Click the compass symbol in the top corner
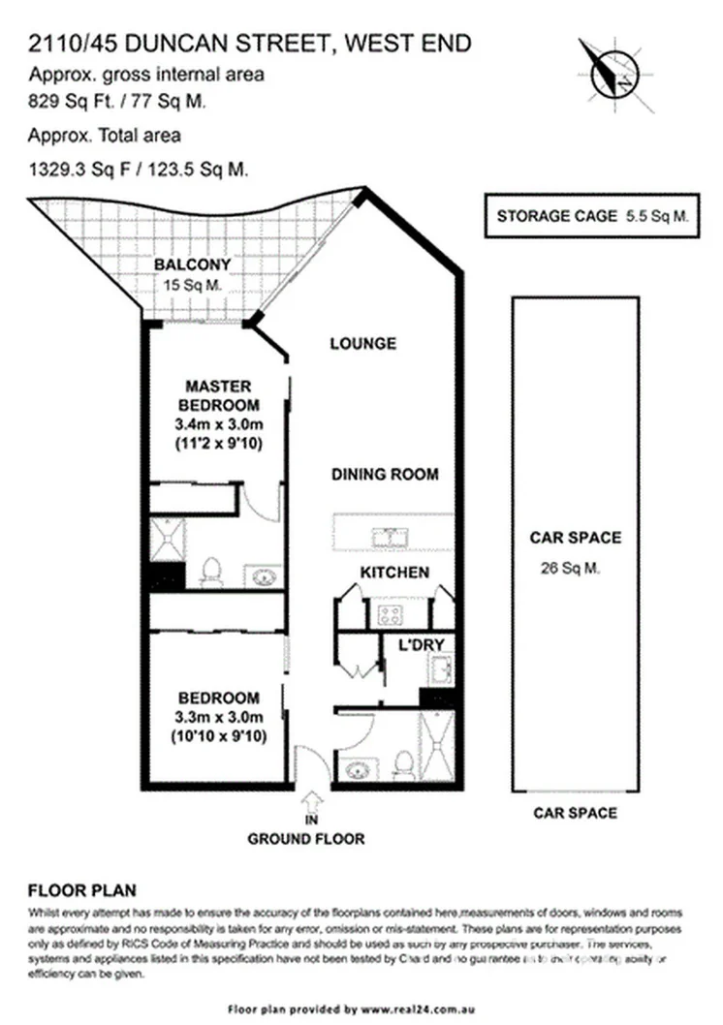pos(609,67)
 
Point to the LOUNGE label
pos(362,343)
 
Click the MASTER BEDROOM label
pos(219,394)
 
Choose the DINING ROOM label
pos(385,475)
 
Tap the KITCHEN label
pos(394,573)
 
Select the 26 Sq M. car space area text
pos(574,570)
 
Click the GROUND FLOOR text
pos(306,839)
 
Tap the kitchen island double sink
pos(394,535)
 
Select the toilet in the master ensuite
pos(211,572)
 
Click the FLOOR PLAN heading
pos(82,889)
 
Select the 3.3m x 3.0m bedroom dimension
pos(219,718)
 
